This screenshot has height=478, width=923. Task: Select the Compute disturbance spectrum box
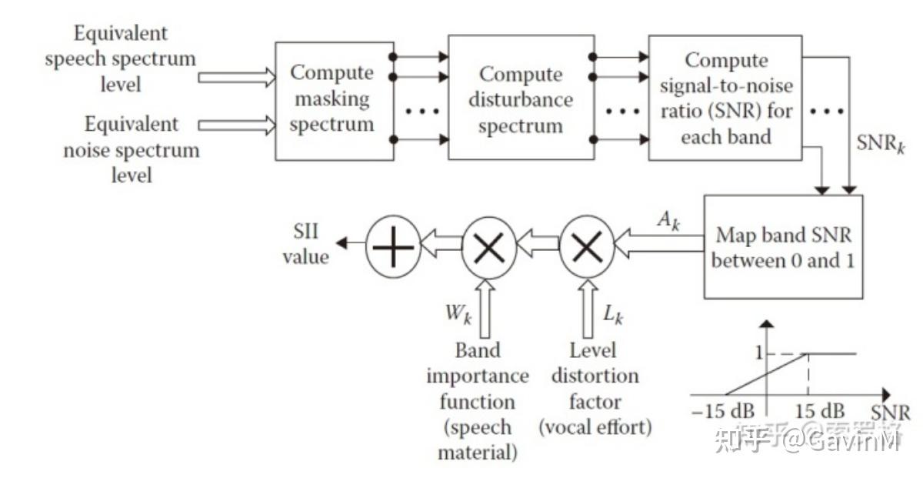(x=521, y=99)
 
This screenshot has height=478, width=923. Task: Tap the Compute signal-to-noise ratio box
(x=726, y=98)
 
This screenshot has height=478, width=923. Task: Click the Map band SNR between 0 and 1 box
(x=782, y=247)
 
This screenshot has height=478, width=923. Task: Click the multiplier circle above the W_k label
(x=488, y=247)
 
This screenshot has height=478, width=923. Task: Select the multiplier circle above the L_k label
(x=587, y=246)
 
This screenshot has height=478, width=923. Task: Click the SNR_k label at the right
(x=880, y=144)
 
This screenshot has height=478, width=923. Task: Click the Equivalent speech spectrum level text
(x=120, y=58)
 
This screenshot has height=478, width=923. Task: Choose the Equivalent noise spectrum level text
(x=131, y=149)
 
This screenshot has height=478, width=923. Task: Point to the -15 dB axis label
(x=722, y=411)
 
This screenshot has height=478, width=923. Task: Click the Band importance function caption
(x=477, y=401)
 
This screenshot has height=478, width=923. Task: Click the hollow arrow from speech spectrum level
(x=236, y=77)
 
